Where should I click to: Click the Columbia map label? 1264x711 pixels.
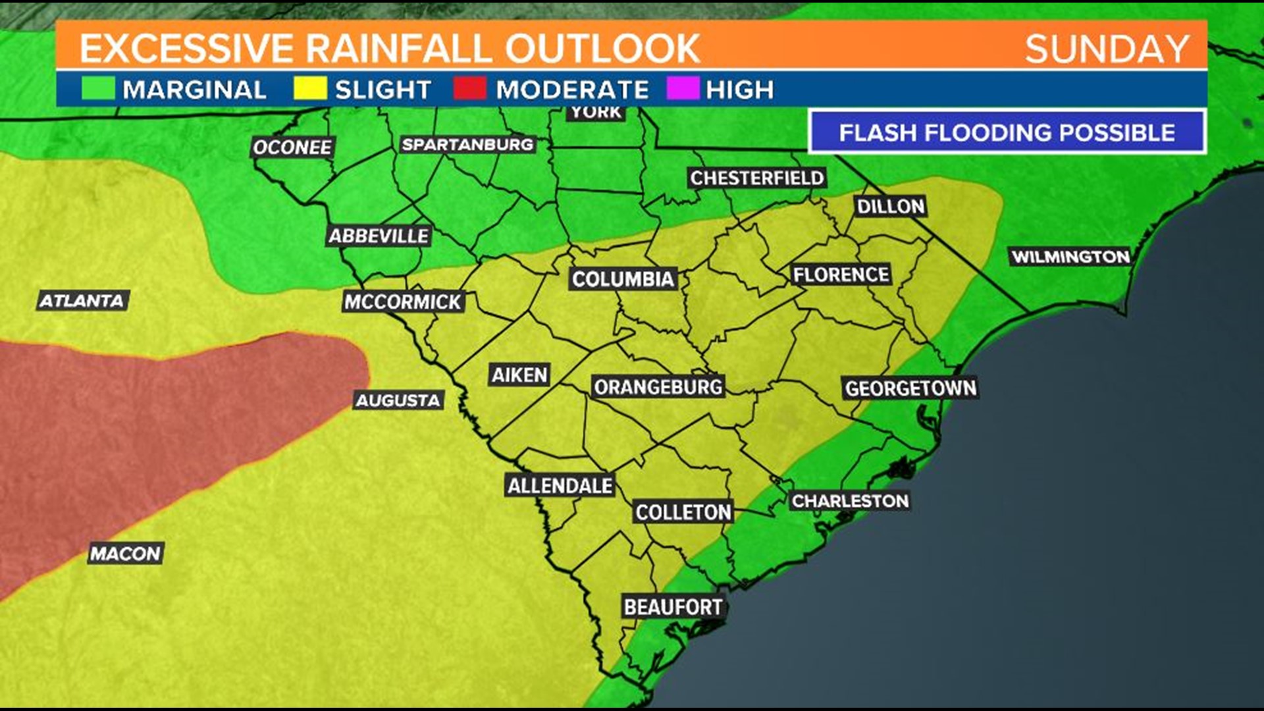click(x=623, y=279)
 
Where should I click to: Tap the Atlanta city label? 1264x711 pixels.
click(x=82, y=301)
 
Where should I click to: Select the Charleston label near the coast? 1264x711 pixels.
click(x=850, y=501)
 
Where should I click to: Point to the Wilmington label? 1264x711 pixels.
click(x=1070, y=257)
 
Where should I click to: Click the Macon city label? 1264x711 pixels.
click(x=125, y=553)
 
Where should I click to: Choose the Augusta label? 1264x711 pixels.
click(x=398, y=400)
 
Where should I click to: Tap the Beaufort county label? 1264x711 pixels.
click(x=673, y=606)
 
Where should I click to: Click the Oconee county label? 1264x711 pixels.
click(x=292, y=147)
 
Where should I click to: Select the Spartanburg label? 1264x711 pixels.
click(x=467, y=144)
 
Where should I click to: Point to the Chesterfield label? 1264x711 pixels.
click(x=756, y=178)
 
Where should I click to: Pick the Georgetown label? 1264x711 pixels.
click(x=910, y=388)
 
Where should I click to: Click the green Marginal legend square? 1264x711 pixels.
click(x=98, y=88)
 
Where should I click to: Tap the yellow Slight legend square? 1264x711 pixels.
click(x=310, y=88)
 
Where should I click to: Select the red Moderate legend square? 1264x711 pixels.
click(x=470, y=88)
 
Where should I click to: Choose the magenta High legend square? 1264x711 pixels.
click(x=683, y=88)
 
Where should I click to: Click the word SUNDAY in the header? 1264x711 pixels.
click(x=1107, y=49)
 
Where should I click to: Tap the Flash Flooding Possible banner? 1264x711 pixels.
click(x=1007, y=132)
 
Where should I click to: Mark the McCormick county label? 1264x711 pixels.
click(x=403, y=302)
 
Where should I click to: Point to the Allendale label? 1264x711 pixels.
click(x=560, y=486)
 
